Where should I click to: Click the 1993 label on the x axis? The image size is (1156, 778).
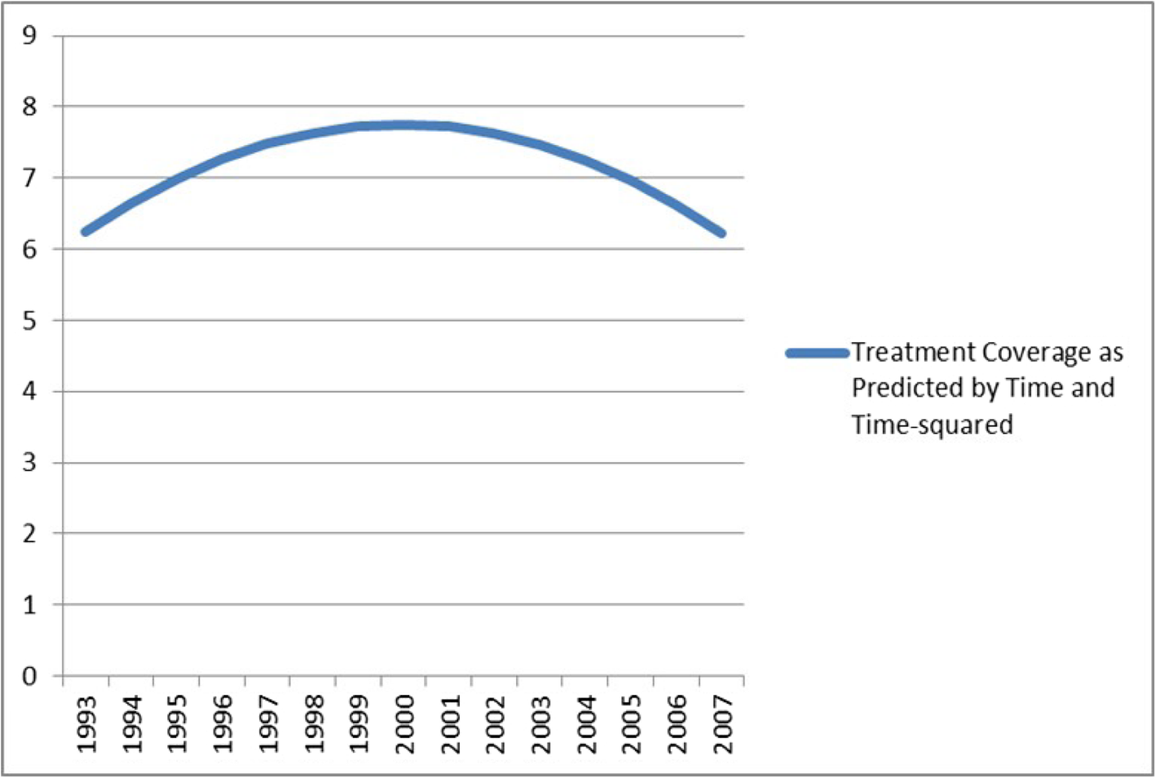pyautogui.click(x=86, y=724)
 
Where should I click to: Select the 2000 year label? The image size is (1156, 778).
pyautogui.click(x=404, y=724)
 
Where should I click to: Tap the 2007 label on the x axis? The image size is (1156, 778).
pyautogui.click(x=722, y=724)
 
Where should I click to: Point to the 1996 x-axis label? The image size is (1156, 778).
pyautogui.click(x=223, y=724)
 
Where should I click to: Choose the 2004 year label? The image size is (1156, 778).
pyautogui.click(x=586, y=724)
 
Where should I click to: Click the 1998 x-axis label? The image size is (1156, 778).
pyautogui.click(x=313, y=724)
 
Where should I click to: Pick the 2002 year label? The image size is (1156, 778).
pyautogui.click(x=495, y=724)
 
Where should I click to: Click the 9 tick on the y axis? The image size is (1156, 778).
pyautogui.click(x=30, y=35)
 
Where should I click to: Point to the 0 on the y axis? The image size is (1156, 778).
pyautogui.click(x=30, y=676)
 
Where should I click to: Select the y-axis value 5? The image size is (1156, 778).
pyautogui.click(x=30, y=320)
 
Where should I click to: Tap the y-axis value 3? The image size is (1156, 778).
pyautogui.click(x=30, y=463)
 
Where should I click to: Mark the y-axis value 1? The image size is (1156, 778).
pyautogui.click(x=30, y=604)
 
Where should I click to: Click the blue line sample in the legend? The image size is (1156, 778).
pyautogui.click(x=817, y=353)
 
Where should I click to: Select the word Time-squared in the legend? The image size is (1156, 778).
pyautogui.click(x=932, y=424)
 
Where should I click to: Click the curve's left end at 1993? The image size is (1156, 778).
pyautogui.click(x=86, y=231)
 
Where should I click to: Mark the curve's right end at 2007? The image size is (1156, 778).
pyautogui.click(x=721, y=233)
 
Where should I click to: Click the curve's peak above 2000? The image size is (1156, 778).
pyautogui.click(x=404, y=125)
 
